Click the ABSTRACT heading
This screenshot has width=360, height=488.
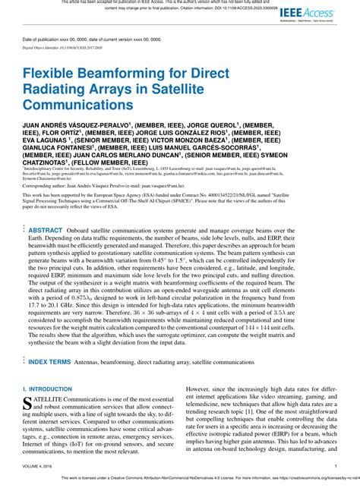pyautogui.click(x=46, y=228)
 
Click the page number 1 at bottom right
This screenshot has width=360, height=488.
pyautogui.click(x=335, y=466)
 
